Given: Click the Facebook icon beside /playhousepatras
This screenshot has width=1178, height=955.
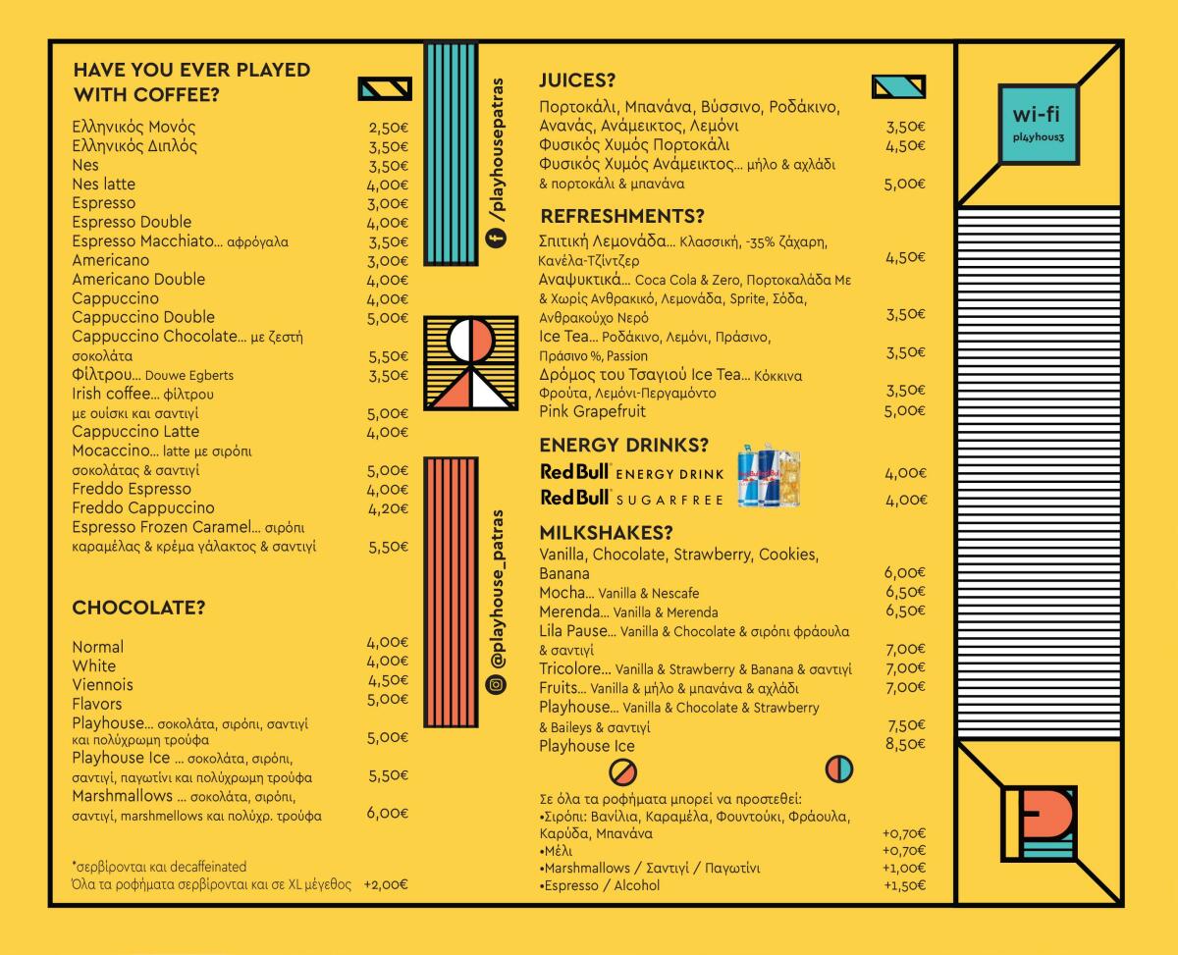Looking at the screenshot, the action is (x=496, y=238).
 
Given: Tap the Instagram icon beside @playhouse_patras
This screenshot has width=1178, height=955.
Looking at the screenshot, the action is (x=496, y=684).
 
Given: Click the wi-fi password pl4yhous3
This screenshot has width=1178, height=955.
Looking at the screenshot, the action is (x=1038, y=137).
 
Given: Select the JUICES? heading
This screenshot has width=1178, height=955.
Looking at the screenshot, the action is (x=577, y=80).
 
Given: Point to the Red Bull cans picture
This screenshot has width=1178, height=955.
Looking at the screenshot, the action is (x=770, y=475).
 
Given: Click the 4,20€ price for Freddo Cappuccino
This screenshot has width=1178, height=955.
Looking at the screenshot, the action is (x=388, y=508).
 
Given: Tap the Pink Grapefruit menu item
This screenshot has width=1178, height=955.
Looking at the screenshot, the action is (x=592, y=411).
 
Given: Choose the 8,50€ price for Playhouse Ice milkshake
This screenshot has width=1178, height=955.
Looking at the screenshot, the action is (x=905, y=744).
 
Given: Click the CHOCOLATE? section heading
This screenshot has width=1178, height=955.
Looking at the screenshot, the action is (x=138, y=608).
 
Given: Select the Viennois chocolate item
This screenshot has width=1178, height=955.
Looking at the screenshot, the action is (x=102, y=684).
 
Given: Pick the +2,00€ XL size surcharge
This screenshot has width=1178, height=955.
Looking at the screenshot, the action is (x=386, y=884).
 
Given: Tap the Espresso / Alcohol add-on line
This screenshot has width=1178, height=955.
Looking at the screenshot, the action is (x=600, y=885).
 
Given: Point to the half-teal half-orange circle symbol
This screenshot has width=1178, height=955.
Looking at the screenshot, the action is (x=839, y=769).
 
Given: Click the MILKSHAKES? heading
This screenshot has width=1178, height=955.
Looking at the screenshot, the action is (x=606, y=533).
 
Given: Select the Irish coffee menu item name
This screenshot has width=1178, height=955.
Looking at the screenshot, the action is (x=111, y=394).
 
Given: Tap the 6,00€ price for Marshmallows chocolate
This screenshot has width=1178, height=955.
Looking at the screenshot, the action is (x=387, y=813).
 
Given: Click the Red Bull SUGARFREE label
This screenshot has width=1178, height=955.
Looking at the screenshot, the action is (x=631, y=499).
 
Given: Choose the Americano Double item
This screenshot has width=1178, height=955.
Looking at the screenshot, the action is (x=138, y=280).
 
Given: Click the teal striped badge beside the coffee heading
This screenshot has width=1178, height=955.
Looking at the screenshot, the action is (x=385, y=88).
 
